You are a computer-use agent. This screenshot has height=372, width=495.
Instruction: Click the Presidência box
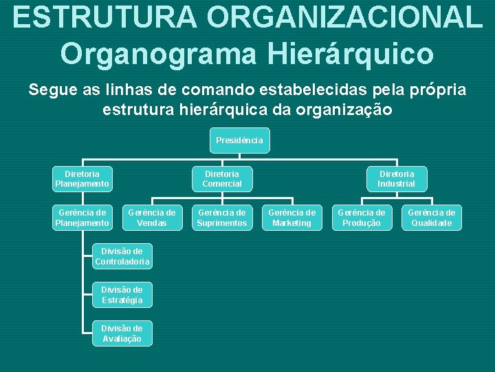pos(239,141)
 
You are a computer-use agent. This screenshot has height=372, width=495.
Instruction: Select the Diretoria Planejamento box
pos(82,178)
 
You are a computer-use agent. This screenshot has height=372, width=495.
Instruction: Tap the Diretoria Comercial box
pos(222,178)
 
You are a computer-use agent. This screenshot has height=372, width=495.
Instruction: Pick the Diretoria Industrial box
pos(396,178)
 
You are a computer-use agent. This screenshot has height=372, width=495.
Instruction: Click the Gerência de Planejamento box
pos(82,218)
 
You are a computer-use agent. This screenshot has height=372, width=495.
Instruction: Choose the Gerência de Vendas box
pos(152,218)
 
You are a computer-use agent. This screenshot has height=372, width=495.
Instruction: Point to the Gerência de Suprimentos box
pos(222,218)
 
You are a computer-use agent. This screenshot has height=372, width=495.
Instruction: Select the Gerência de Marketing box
pos(291,218)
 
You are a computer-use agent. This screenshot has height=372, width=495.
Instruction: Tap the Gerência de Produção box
pos(362,218)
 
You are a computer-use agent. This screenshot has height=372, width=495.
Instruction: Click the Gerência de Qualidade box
pos(432,218)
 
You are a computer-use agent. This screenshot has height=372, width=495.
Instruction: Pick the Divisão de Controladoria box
pos(122,256)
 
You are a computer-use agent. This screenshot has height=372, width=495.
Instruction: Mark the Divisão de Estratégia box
pos(122,295)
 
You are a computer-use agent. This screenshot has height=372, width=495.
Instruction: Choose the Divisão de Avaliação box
pos(122,333)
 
